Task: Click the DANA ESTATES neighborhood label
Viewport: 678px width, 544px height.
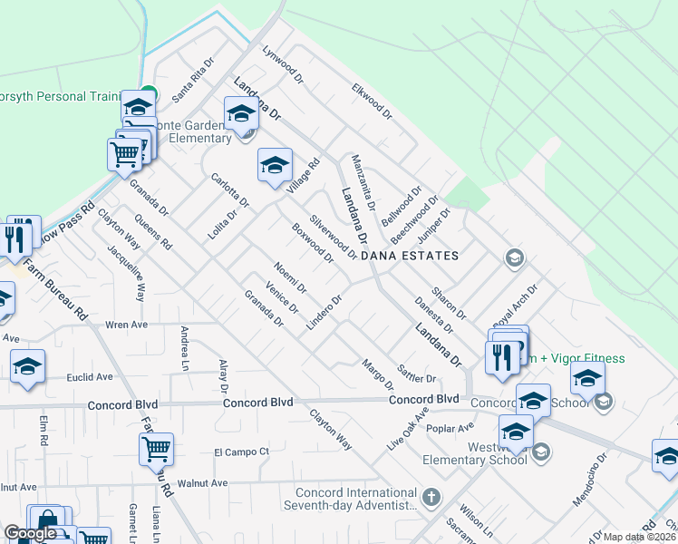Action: coord(410,257)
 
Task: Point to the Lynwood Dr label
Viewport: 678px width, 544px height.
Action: coord(280,65)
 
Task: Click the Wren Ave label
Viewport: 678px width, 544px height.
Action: coord(126,324)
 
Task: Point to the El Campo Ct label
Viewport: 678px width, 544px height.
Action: coord(242,451)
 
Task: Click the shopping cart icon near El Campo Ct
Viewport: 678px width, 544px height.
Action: coord(156,448)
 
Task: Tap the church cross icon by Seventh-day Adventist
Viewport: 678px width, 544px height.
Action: coord(431,497)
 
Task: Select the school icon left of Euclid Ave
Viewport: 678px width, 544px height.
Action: coord(27,366)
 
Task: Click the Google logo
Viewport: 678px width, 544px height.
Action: coord(30,533)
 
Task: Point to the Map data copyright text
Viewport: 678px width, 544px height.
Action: coord(640,537)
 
